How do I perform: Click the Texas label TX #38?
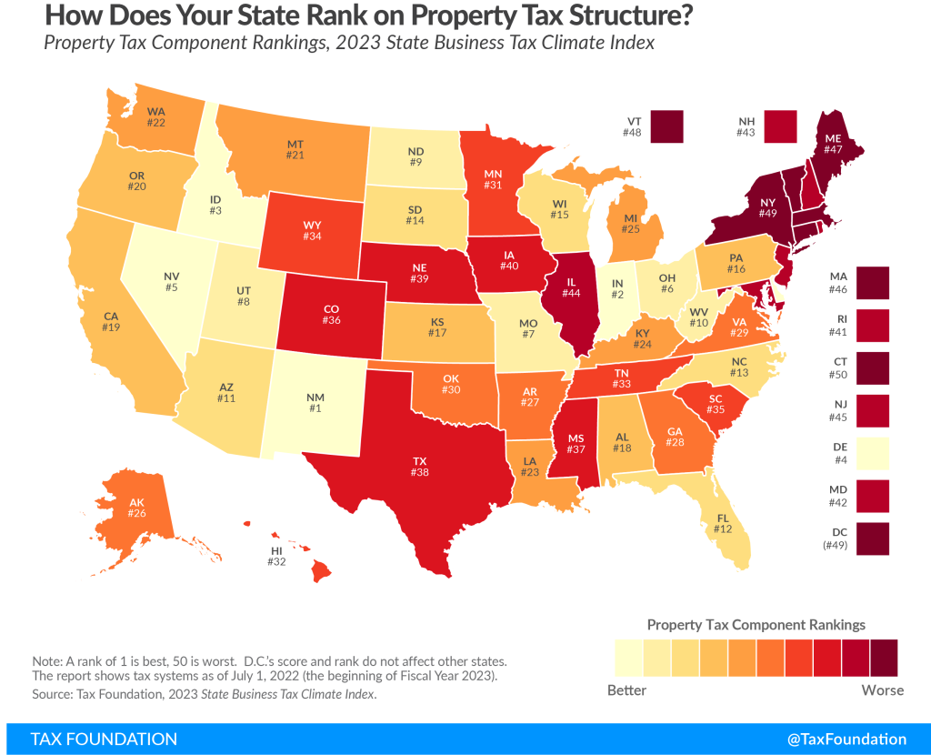pyautogui.click(x=419, y=467)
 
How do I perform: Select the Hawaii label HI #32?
pyautogui.click(x=276, y=556)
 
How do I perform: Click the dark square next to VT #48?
pyautogui.click(x=667, y=126)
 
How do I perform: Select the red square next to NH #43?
pyautogui.click(x=781, y=126)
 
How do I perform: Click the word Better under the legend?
pyautogui.click(x=626, y=690)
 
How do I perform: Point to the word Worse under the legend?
pyautogui.click(x=882, y=690)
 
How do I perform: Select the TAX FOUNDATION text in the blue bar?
pyautogui.click(x=105, y=739)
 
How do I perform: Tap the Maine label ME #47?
pyautogui.click(x=832, y=145)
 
